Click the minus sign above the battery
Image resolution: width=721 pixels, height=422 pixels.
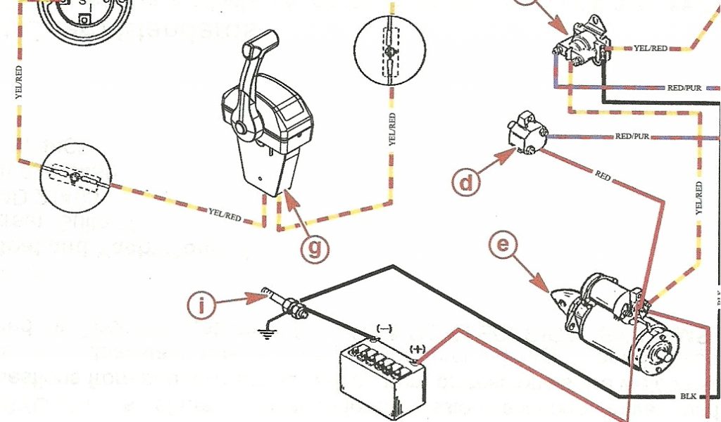coord(385,328)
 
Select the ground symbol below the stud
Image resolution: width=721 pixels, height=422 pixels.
coord(267,333)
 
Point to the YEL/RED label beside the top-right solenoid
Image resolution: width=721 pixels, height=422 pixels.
coord(651,49)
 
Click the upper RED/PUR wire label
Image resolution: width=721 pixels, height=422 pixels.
coord(684,88)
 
